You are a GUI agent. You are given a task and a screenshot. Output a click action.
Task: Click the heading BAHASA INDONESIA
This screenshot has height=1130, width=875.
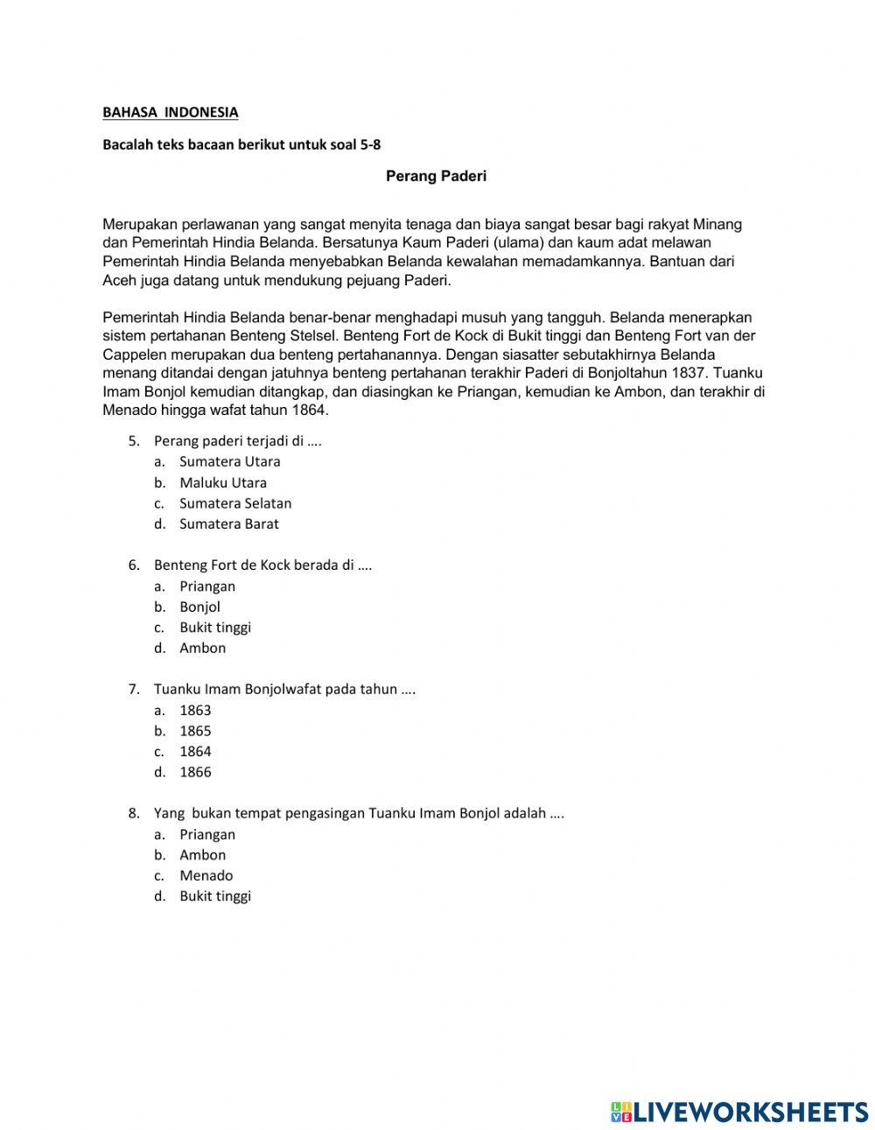pos(170,112)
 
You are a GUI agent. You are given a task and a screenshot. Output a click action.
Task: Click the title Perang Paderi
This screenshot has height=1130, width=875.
pos(436,176)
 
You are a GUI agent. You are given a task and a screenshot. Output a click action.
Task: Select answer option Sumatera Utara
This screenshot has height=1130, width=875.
pos(229,461)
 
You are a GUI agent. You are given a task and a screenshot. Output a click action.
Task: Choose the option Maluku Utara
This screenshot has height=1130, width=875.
pos(223,482)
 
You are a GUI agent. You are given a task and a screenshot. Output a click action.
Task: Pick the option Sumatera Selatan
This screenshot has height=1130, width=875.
pos(235,503)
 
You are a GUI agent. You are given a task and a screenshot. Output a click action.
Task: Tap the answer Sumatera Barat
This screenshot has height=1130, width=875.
pos(229,523)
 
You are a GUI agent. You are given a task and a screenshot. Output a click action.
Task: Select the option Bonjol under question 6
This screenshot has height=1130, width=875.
pos(199,607)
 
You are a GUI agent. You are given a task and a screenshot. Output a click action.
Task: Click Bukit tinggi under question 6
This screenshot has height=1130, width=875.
pos(215,627)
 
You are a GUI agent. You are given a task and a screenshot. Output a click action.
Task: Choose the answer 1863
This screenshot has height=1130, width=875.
pos(195,710)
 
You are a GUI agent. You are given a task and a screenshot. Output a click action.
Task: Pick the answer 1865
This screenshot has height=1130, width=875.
pos(195,731)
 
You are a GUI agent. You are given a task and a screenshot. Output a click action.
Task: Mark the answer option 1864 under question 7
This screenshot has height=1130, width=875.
pos(195,751)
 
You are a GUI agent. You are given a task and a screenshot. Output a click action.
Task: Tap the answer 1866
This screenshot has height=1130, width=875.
pos(195,772)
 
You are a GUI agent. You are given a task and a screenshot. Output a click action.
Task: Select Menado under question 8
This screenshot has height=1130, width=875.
pos(206,875)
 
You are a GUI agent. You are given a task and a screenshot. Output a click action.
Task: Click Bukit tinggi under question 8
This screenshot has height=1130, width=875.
pos(215,895)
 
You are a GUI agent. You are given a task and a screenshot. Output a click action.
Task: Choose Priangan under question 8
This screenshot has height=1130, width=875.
pos(207,834)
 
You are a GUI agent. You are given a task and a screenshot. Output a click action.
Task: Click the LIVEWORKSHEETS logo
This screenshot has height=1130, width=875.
pos(738,1111)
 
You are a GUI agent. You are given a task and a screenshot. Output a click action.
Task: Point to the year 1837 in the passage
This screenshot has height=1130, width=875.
pos(687,373)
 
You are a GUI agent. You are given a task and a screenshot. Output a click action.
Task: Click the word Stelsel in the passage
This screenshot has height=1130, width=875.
pos(313,335)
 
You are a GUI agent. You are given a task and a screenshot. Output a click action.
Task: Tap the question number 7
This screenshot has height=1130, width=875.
pos(134,689)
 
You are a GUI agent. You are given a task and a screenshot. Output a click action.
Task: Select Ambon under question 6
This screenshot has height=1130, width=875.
pos(202,648)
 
